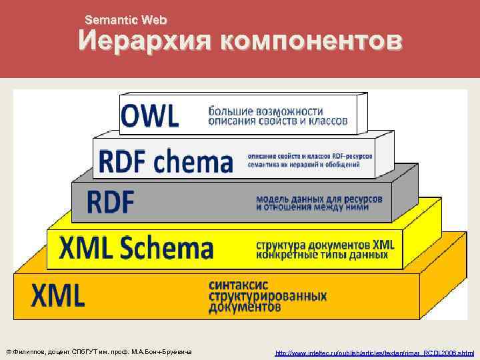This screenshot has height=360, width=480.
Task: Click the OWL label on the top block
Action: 150,117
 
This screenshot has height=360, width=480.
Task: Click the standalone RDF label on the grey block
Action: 111,201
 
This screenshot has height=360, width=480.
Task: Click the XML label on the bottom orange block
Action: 58,294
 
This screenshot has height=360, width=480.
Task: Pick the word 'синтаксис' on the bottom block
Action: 237,284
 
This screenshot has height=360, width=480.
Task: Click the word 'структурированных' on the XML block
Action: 268,295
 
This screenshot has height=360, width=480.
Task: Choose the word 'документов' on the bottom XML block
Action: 245,307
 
